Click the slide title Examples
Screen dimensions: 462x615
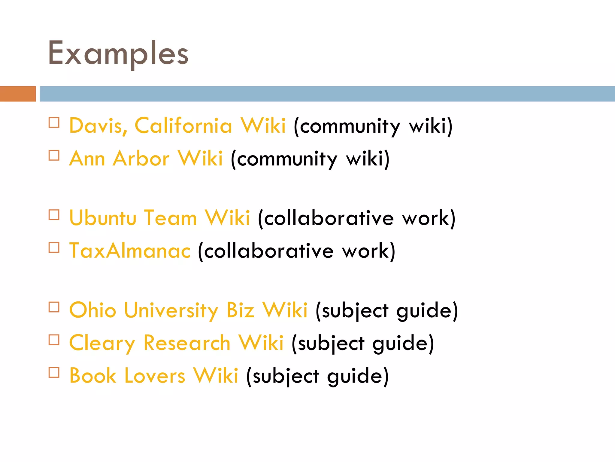pos(118,54)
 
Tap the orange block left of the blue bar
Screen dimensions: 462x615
pos(18,94)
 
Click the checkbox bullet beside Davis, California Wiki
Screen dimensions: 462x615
pos(54,123)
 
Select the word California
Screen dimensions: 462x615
pos(183,125)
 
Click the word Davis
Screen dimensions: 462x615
pos(98,125)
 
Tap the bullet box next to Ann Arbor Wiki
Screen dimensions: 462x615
pos(54,156)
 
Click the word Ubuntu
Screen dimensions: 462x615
pos(103,218)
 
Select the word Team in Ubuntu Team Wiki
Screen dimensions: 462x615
pos(170,218)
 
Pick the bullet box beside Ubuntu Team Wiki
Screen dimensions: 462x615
pos(54,215)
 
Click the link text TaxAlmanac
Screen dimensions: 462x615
pos(130,251)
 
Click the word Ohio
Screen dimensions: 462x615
pos(92,310)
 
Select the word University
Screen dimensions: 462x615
pos(171,310)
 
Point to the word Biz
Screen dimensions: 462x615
pos(240,310)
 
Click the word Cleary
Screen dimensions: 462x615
pos(102,343)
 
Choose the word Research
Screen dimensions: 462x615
pos(187,343)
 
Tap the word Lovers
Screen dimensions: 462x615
pos(155,376)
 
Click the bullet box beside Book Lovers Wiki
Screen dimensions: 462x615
pos(54,373)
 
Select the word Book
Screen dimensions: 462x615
pos(92,376)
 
